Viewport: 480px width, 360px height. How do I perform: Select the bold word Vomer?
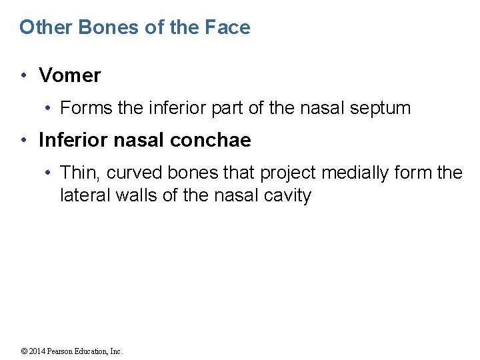coord(70,75)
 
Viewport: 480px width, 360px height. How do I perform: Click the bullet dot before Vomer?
coord(24,75)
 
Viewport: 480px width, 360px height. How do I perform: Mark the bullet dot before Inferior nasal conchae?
coord(24,140)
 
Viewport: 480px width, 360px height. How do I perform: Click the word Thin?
coord(79,173)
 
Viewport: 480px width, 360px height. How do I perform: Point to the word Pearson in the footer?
coord(58,351)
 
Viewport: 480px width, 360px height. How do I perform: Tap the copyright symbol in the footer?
coord(23,351)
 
